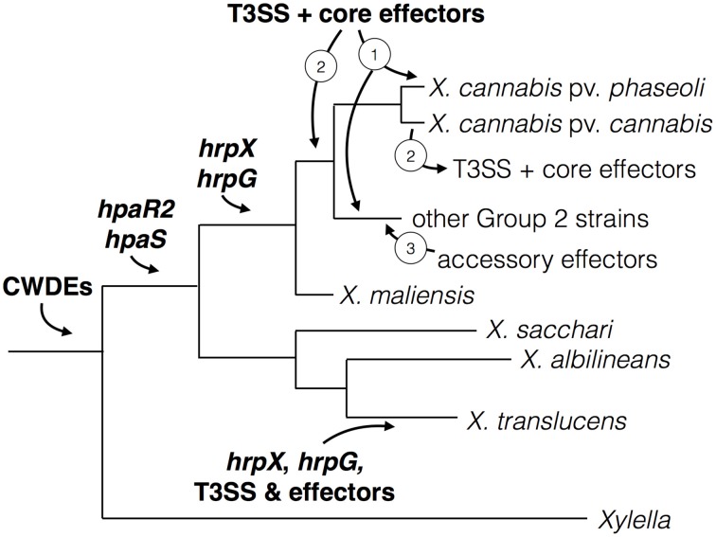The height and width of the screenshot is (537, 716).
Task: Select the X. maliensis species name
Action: click(405, 295)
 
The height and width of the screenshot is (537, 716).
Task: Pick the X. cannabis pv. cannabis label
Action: click(569, 123)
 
